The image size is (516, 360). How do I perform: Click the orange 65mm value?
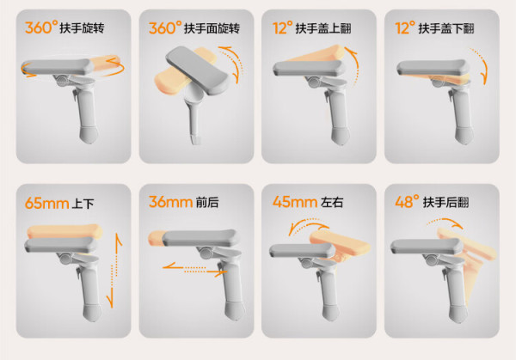point(46,203)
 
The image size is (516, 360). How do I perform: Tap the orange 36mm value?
point(170,202)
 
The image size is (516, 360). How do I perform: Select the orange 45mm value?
point(294,202)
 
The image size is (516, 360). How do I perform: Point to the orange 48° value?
point(407,201)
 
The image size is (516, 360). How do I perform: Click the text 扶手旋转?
point(82,28)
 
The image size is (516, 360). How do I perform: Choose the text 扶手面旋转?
point(212,28)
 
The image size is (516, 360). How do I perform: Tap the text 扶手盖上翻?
point(323,28)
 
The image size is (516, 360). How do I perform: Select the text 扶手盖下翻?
point(446,28)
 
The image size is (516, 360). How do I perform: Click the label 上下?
point(83,204)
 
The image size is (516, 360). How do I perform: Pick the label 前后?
point(207,202)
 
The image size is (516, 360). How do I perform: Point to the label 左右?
point(332,202)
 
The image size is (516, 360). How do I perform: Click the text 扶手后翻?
point(445,202)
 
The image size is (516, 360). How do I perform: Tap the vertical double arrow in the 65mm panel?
point(114,271)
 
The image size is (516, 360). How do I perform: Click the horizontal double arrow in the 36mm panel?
point(195,270)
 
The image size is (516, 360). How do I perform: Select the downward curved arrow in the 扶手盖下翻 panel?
point(481,64)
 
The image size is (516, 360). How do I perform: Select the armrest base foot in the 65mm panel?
point(92,312)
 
